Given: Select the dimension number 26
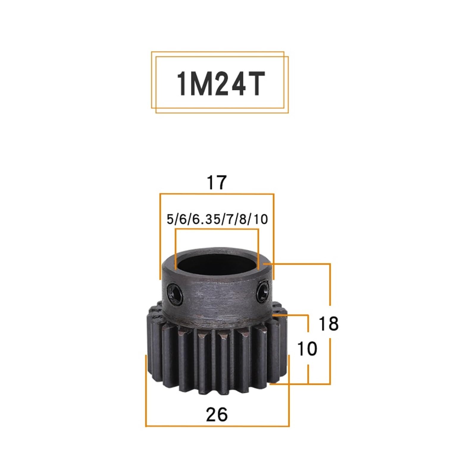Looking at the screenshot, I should pyautogui.click(x=217, y=414).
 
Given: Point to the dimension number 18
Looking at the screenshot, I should pyautogui.click(x=328, y=324).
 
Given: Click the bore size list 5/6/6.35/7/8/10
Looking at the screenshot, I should pyautogui.click(x=217, y=220).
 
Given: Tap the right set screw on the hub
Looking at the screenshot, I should pyautogui.click(x=263, y=290).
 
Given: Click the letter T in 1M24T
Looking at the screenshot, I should pyautogui.click(x=256, y=84).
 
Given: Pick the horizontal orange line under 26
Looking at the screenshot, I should pyautogui.click(x=217, y=426).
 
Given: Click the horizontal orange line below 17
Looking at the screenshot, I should pyautogui.click(x=217, y=194).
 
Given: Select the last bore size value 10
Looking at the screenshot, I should pyautogui.click(x=261, y=220).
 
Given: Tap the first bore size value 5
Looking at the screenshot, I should pyautogui.click(x=170, y=220).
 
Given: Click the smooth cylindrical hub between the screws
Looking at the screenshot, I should pyautogui.click(x=217, y=295).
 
